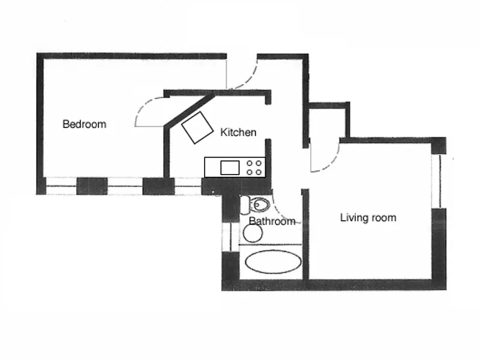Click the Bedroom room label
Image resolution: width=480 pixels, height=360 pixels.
[x=84, y=124]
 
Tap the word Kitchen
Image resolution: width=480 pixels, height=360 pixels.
[x=238, y=132]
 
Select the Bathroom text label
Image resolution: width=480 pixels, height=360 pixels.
[x=272, y=221]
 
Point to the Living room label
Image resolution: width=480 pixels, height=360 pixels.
[x=368, y=217]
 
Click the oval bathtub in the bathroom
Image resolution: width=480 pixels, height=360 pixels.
[x=274, y=262]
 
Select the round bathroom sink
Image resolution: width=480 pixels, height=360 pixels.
[x=253, y=233]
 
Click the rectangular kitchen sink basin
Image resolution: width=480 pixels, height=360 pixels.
[x=230, y=167]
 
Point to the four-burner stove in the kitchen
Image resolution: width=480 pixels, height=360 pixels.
[x=254, y=167]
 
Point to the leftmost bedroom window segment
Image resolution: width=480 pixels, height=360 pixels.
[x=61, y=187]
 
